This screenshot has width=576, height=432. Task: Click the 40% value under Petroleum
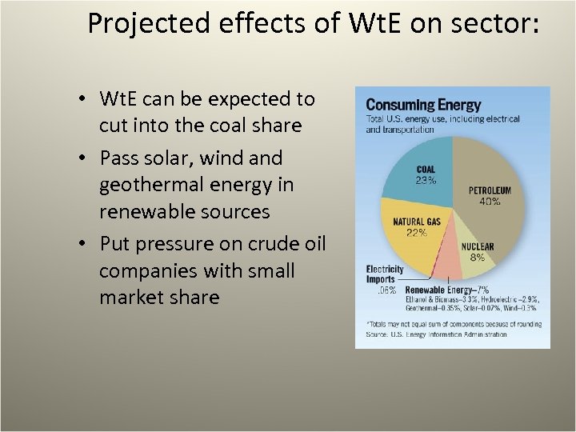coord(490,202)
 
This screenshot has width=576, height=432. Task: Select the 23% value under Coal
coord(426,181)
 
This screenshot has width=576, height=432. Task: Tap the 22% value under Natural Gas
coord(415,233)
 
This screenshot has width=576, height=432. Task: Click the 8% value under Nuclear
coord(477,258)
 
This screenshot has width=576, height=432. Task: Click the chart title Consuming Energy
coord(423,105)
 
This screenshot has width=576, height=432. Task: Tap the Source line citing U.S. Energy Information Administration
coord(436,334)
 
